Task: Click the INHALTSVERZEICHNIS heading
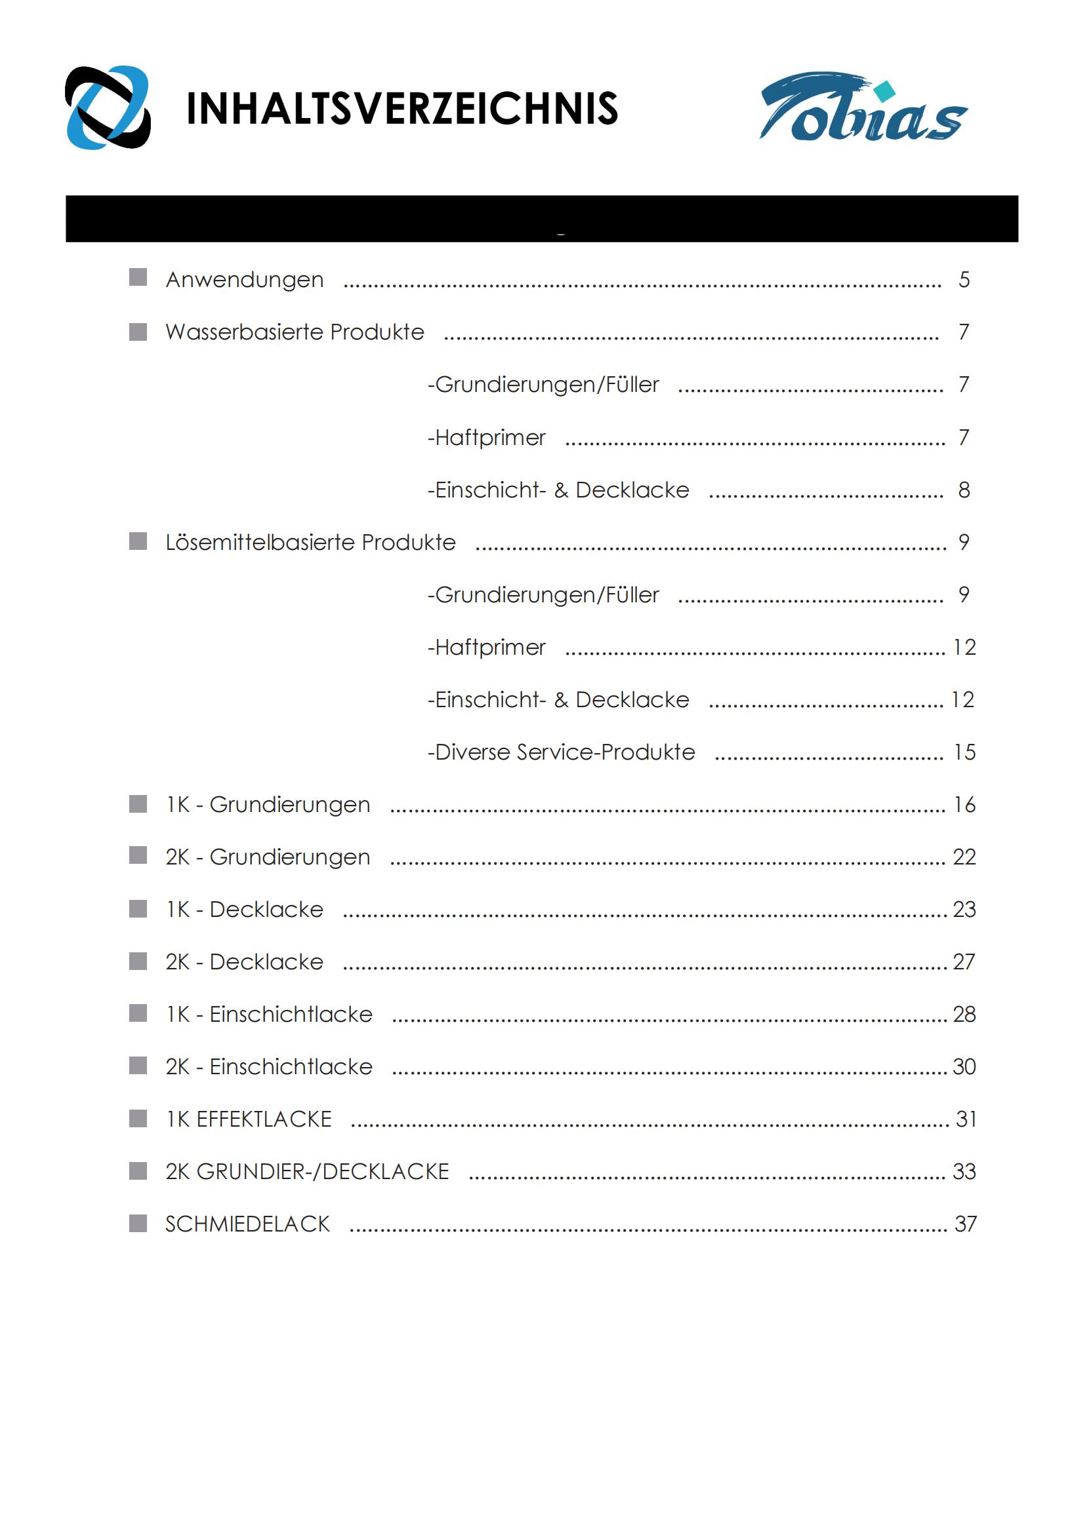point(401,108)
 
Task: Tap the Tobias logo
point(863,107)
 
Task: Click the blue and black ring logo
point(108,107)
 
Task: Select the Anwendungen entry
point(245,279)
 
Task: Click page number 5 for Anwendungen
point(964,279)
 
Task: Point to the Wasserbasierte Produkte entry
point(295,332)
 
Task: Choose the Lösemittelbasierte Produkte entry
point(310,542)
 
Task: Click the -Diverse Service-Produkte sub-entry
point(562,752)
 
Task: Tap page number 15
point(964,752)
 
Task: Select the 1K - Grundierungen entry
point(268,805)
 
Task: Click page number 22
point(964,857)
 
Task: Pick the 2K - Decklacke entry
point(245,961)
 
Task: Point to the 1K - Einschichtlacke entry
point(269,1014)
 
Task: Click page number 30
point(964,1066)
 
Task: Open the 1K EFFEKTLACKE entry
point(249,1119)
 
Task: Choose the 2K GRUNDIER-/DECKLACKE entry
point(307,1171)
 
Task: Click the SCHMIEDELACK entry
point(248,1224)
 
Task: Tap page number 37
point(966,1224)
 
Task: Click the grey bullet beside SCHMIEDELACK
point(138,1223)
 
